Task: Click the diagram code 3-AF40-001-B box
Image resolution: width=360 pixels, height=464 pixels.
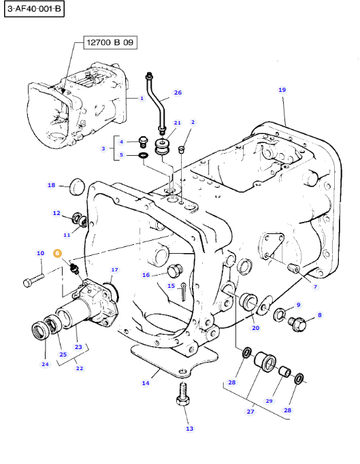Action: point(34,9)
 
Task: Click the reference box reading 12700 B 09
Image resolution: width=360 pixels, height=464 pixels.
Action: point(110,43)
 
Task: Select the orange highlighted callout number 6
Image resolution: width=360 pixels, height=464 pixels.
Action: point(57,253)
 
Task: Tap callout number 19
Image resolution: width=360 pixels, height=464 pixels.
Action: point(282,90)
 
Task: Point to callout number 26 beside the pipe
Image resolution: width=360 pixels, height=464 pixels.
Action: point(178,93)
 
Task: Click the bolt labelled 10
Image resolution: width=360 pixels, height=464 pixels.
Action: point(33,280)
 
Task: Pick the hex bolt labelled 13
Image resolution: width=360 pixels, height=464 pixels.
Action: point(183,394)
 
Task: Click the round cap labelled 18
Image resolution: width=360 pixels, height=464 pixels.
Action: point(78,186)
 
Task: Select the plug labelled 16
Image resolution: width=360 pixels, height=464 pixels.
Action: point(175,270)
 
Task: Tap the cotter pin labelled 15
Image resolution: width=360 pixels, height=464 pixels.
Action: point(184,292)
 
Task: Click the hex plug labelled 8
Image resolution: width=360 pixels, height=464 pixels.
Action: point(297,324)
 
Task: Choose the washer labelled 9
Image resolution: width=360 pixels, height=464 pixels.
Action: point(280,314)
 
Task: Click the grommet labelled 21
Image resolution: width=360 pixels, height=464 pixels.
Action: point(163,147)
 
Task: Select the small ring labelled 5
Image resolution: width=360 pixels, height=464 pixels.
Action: point(144,154)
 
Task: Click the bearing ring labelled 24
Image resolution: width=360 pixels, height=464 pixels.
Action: point(39,329)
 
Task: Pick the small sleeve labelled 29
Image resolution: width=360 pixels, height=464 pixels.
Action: point(285,371)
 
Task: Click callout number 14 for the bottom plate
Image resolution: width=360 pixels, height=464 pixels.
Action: point(146,383)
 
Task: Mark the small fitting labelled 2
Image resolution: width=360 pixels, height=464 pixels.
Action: point(181,149)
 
